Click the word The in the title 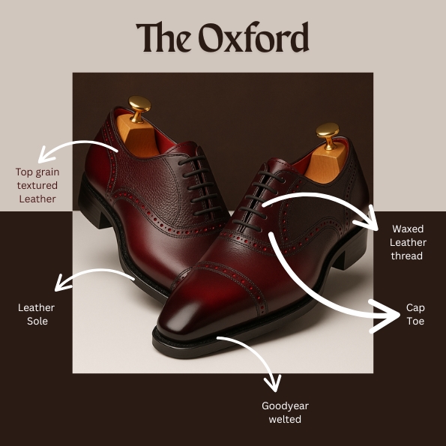point(164,37)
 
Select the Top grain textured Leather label point(37,185)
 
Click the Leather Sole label point(37,314)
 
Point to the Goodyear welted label point(285,412)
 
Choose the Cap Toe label point(415,314)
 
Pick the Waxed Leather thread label point(408,242)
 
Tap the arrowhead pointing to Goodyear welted point(274,385)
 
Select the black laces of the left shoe point(200,185)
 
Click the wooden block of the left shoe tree point(139,137)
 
